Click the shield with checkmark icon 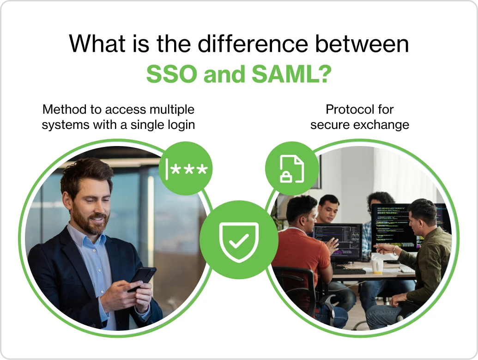tap(239, 239)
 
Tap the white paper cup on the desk tap(377, 265)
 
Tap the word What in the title tap(95, 44)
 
